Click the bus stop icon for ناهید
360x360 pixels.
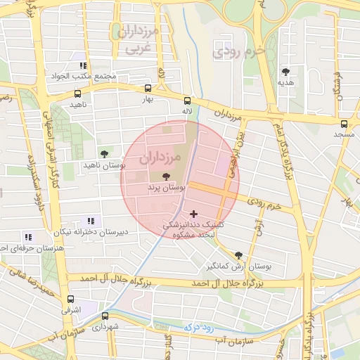pyautogui.click(x=77, y=93)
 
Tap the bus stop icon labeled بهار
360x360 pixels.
pyautogui.click(x=148, y=89)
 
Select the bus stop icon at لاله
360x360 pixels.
pyautogui.click(x=186, y=100)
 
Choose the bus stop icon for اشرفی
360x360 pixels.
pyautogui.click(x=71, y=299)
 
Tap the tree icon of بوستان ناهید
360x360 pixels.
pyautogui.click(x=104, y=153)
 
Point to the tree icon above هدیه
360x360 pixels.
pyautogui.click(x=285, y=71)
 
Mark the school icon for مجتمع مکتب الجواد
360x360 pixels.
pyautogui.click(x=83, y=65)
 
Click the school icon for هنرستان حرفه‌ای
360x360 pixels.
pyautogui.click(x=28, y=237)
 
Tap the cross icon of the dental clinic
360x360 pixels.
pyautogui.click(x=194, y=213)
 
